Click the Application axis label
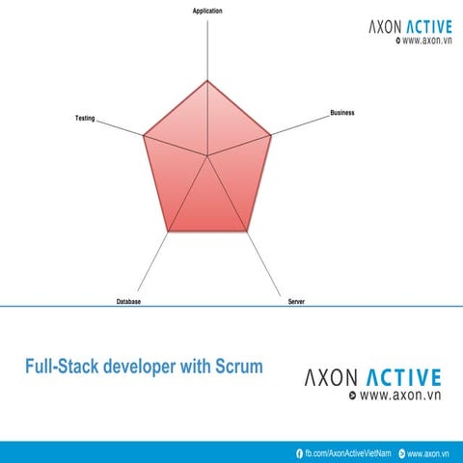tap(207, 11)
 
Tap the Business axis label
tap(342, 113)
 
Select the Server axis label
tap(296, 302)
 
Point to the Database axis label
tap(129, 302)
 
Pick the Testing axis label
tap(85, 118)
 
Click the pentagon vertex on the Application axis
tap(207, 80)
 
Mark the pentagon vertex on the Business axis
tap(272, 136)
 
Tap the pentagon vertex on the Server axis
tap(248, 231)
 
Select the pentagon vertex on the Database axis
tap(169, 231)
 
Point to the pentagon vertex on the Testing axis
tap(144, 136)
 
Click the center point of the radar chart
tap(207, 155)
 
